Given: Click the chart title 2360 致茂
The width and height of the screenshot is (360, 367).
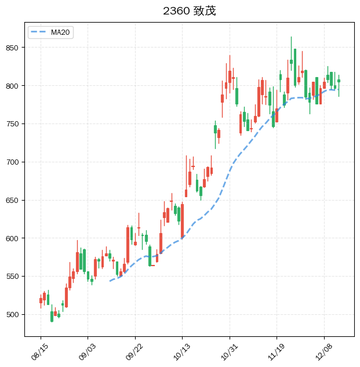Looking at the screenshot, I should click(189, 11).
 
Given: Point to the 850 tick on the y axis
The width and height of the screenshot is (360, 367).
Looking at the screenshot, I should click(14, 48).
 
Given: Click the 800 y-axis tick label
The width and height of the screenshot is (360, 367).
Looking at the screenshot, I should click(14, 86).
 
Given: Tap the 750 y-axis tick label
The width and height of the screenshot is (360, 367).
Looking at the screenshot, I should click(14, 124).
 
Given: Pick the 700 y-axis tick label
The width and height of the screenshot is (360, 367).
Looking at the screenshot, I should click(14, 162).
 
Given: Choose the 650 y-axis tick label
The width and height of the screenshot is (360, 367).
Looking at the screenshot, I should click(14, 201).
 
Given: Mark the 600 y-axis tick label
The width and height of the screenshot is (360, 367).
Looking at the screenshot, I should click(14, 238).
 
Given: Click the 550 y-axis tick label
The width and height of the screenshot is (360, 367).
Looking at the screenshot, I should click(14, 277).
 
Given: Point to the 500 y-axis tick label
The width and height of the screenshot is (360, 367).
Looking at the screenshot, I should click(14, 315).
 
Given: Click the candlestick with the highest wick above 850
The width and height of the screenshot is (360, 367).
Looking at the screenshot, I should click(291, 61).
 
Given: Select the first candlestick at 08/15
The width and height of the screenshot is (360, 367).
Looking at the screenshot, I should click(41, 300).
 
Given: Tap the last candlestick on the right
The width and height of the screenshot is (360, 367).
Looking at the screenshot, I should click(339, 81).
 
